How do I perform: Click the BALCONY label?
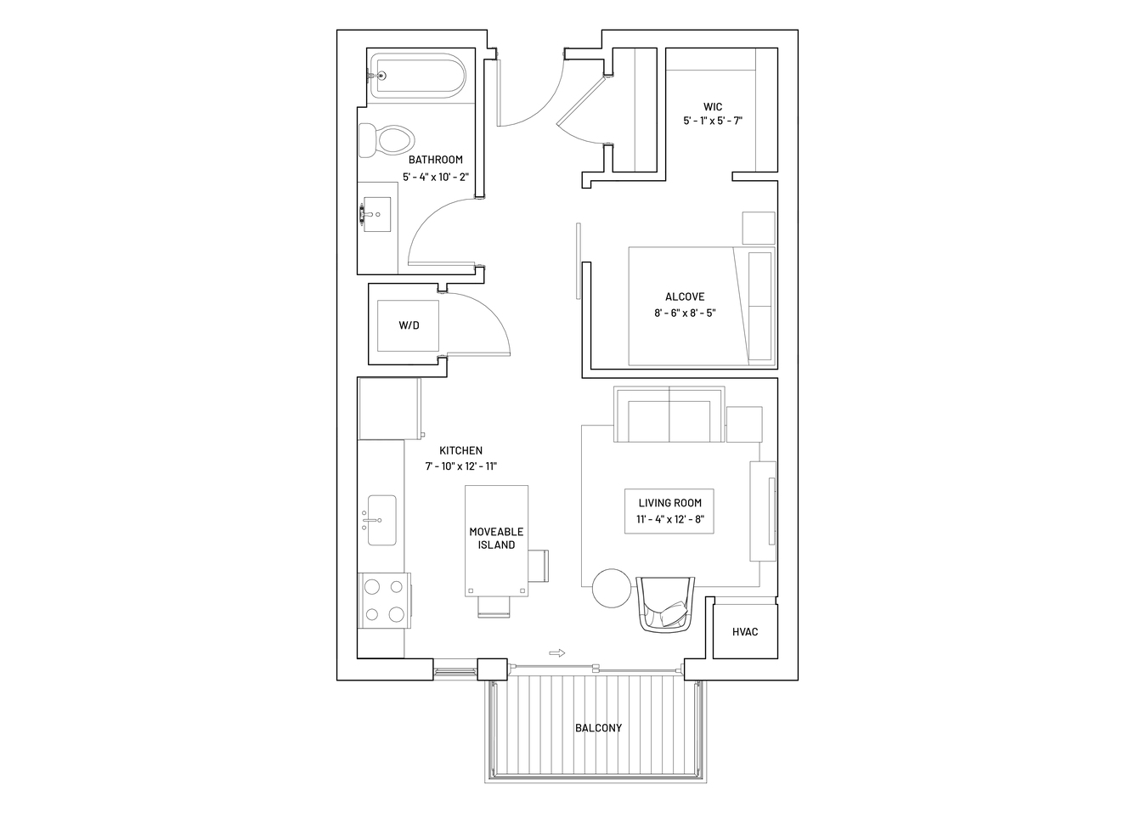coord(598,728)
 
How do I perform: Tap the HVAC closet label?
coord(745,632)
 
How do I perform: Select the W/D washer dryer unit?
coord(408,325)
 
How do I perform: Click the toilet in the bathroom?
coord(386,140)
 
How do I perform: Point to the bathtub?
coord(416,76)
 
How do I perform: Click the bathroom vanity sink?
coord(377,214)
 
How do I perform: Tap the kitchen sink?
coord(381,520)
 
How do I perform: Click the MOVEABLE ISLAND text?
coord(496,539)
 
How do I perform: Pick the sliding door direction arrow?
coord(556,653)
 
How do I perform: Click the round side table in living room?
coord(612,588)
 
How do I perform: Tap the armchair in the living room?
coord(666,604)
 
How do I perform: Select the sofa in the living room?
coord(669,415)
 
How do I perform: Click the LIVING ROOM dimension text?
coord(669,519)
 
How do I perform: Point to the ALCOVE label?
coord(685,296)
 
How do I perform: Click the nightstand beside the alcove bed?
coord(759,228)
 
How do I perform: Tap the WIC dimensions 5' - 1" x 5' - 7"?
coord(713,121)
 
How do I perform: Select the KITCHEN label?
coord(460,450)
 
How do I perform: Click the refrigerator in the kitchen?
coord(390,409)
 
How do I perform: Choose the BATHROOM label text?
coord(435,160)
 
